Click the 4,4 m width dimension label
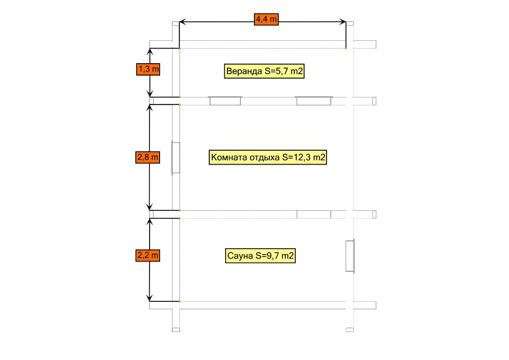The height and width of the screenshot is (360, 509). coord(266,19)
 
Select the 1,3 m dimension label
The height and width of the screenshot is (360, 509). coord(148,69)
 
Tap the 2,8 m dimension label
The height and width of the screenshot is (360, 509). coord(148,158)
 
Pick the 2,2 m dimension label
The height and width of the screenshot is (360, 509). coord(148,256)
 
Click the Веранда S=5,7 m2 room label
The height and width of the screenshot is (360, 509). coord(264,71)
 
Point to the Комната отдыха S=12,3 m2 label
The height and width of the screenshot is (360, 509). coord(268,158)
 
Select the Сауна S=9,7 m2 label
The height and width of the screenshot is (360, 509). coord(260,256)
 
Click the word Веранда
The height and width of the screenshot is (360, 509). coord(244,71)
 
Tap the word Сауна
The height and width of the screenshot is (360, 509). coord(240,256)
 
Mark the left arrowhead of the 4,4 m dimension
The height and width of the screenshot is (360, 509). coord(182,22)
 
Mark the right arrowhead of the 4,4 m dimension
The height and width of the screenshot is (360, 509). coord(342,22)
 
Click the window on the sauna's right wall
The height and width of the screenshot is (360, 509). coord(350,256)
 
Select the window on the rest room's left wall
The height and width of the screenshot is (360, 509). coord(175,158)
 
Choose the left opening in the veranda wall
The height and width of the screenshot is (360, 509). coord(225,100)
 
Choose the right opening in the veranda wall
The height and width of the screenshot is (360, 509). coord(314,100)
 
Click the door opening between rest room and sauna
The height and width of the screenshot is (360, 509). coord(314,214)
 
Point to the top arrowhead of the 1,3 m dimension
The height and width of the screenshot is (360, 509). coord(150,51)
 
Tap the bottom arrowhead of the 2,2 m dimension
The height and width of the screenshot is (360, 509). coord(149,298)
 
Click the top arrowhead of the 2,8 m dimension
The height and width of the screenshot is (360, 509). coord(149,108)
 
